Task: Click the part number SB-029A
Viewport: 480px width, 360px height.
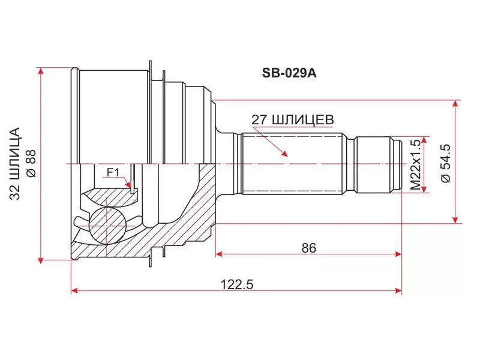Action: [x=289, y=73]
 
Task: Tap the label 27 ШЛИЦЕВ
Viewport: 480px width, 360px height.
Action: [x=293, y=121]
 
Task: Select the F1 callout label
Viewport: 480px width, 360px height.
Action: [x=113, y=173]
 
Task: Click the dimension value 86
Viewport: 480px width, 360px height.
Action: [x=308, y=248]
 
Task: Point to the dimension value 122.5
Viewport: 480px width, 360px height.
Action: [x=237, y=284]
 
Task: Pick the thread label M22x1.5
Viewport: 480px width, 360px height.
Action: [x=416, y=164]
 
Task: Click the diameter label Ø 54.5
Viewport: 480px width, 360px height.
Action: [x=446, y=163]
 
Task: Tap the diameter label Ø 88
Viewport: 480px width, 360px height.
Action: [x=31, y=163]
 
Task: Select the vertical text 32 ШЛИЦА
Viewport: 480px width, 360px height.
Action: [x=15, y=163]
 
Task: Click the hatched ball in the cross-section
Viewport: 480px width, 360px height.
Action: [x=107, y=226]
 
